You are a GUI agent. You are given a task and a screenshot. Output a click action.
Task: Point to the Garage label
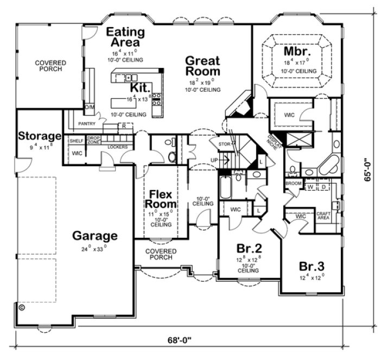pos(95,236)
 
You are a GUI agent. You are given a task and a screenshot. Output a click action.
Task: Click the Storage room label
pos(39,136)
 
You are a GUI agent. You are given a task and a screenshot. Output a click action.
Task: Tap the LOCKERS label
pos(117,147)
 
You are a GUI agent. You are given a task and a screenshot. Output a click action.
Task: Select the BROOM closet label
pos(294,184)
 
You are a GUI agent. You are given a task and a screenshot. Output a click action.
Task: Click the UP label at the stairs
pos(214,160)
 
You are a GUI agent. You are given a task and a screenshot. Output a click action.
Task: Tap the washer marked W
pos(311,187)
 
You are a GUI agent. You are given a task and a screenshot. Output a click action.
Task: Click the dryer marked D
pos(324,187)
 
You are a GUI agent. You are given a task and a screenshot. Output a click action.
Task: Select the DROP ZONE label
pos(93,140)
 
